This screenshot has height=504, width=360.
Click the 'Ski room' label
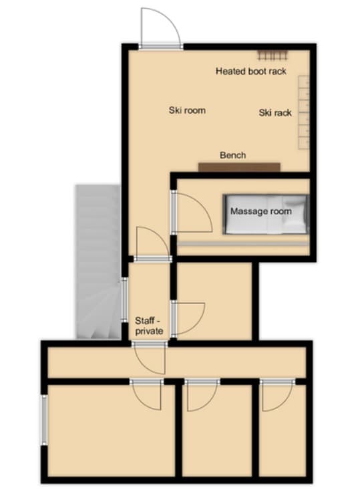point(186,110)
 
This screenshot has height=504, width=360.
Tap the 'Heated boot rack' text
point(251,71)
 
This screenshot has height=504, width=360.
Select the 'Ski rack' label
point(275,113)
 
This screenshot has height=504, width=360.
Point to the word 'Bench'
point(233,155)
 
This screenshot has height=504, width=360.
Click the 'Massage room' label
point(261,211)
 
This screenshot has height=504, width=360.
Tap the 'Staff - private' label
point(149,325)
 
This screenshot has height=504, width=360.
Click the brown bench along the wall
point(239,166)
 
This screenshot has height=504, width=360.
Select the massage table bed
point(266,214)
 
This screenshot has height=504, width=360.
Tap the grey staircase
point(97,261)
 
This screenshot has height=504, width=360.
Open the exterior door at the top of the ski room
point(161,30)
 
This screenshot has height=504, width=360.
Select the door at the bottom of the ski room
point(152,244)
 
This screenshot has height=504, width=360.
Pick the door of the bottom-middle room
point(201,394)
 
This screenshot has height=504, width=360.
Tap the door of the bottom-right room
point(275,394)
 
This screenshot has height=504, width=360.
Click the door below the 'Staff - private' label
point(148,358)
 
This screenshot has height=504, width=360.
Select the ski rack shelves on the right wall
point(305,114)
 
